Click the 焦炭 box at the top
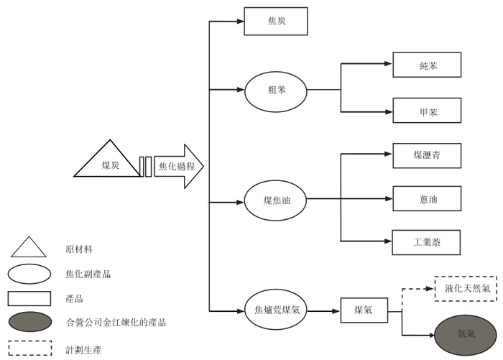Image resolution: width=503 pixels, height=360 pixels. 276,21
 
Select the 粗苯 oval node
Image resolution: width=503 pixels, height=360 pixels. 276,91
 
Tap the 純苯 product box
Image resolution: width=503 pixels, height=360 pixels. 427,65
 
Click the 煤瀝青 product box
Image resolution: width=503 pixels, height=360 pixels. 427,155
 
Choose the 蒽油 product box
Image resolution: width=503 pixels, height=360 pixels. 427,198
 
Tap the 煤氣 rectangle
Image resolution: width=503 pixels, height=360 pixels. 362,310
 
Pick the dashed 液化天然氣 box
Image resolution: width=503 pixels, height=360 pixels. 466,288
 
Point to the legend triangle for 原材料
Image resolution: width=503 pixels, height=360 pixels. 28,248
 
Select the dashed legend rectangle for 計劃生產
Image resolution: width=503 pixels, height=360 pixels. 29,347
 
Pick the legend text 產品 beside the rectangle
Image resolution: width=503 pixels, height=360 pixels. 75,298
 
